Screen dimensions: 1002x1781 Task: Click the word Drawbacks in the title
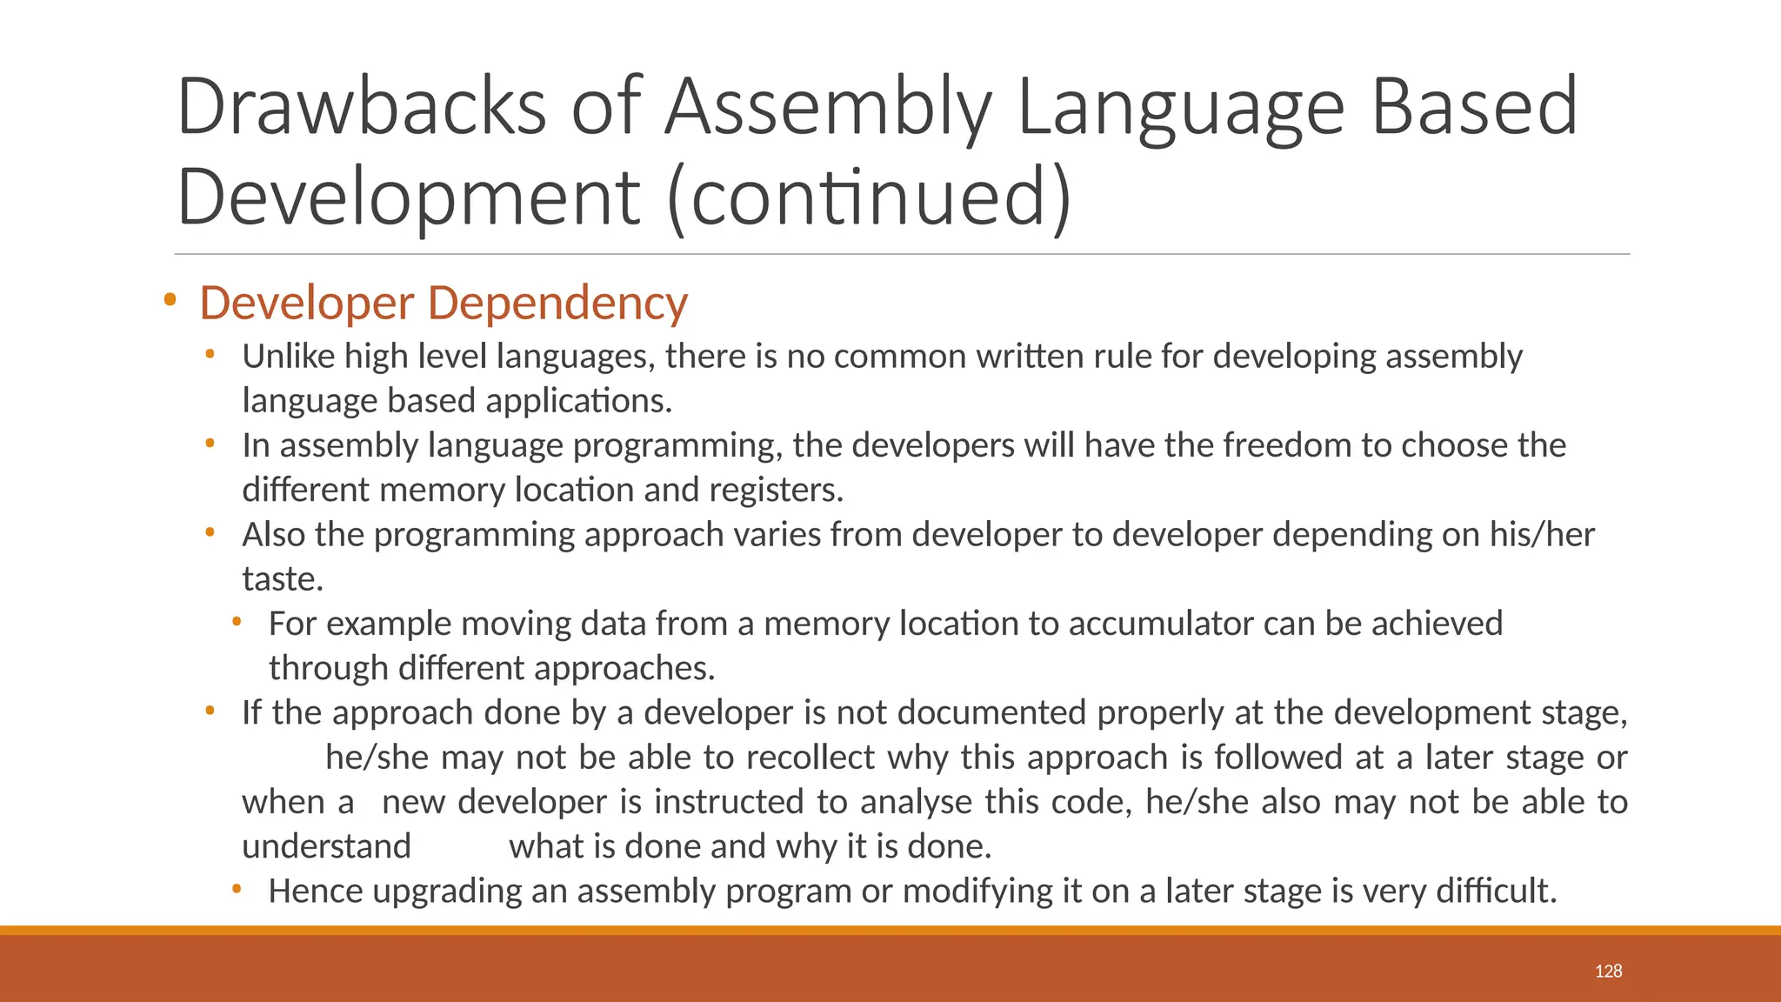click(362, 107)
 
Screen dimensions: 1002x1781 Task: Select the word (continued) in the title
click(870, 197)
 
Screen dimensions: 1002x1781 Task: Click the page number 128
click(1608, 971)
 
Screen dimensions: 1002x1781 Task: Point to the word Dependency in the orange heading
click(557, 303)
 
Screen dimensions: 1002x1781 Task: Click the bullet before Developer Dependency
click(170, 301)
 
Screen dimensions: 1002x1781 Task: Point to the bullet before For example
click(236, 622)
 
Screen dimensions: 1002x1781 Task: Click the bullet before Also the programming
click(210, 532)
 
